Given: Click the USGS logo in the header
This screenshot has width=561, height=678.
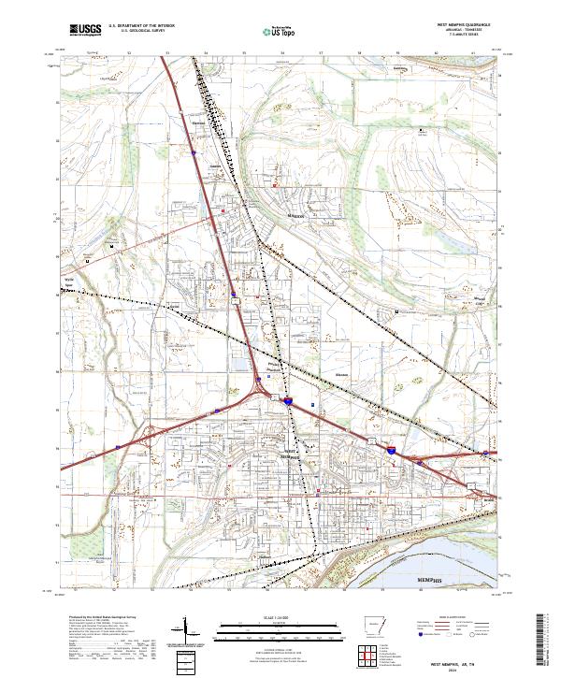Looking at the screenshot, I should click(85, 30).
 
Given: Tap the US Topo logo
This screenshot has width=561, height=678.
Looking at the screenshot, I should click(269, 30).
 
